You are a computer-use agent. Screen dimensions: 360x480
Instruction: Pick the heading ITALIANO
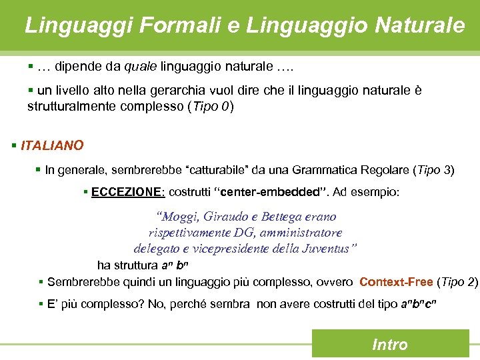pos(52,145)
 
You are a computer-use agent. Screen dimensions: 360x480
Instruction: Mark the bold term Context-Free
pos(396,282)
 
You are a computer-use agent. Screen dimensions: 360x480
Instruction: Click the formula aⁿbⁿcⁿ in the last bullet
pos(417,305)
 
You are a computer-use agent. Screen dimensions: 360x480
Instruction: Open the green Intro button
pos(389,344)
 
